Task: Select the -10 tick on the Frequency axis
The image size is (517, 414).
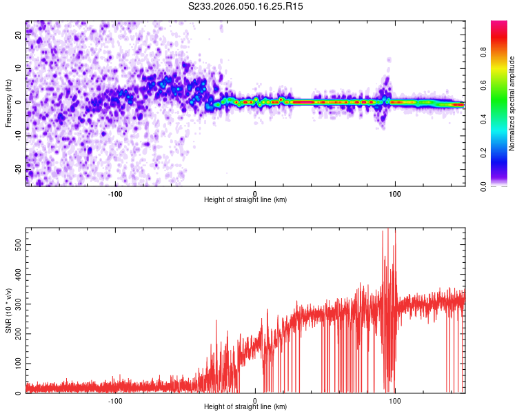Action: (18, 135)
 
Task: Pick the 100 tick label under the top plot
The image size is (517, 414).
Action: (395, 193)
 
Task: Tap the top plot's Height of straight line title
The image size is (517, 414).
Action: (245, 201)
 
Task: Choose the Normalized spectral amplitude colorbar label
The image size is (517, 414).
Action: (512, 103)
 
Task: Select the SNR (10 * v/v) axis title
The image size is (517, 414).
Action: (8, 310)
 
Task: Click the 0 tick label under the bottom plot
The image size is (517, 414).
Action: (255, 401)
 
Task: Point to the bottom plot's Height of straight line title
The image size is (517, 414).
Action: (245, 408)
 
